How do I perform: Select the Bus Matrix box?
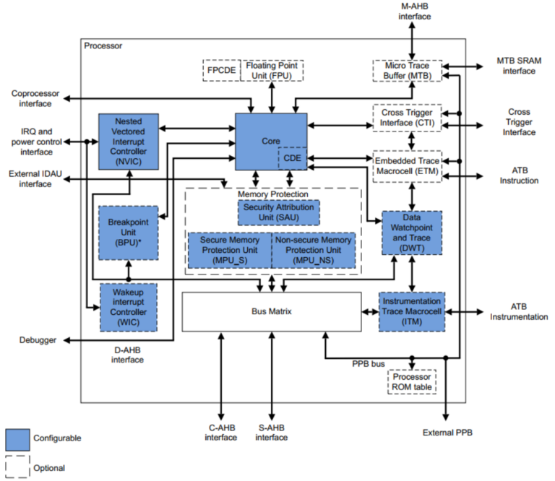271,311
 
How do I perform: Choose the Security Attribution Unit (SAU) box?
278,212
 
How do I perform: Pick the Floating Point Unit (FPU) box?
271,71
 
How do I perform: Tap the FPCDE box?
220,71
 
